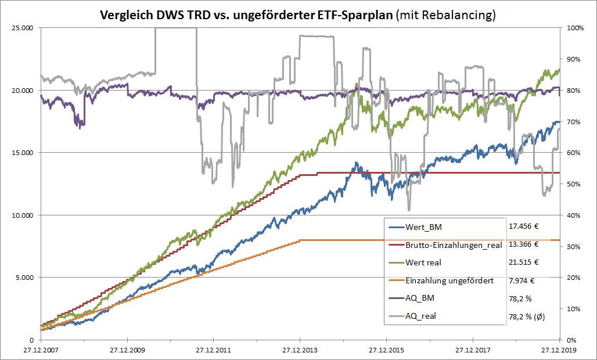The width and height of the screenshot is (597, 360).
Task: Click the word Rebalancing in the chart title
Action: [x=461, y=15]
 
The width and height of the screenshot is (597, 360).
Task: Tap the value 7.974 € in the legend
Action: [x=521, y=280]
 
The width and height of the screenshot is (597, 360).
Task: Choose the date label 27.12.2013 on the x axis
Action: [x=300, y=351]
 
